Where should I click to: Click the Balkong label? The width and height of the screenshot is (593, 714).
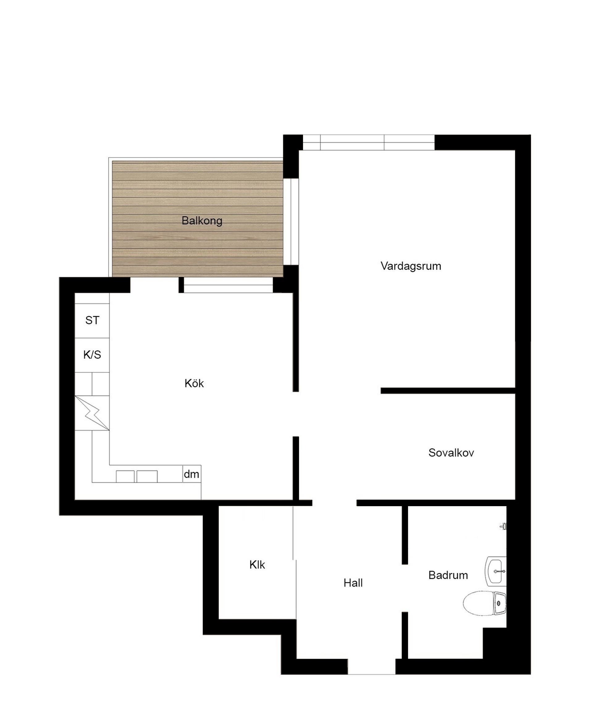[202, 221]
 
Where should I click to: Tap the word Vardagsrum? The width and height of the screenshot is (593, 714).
[411, 266]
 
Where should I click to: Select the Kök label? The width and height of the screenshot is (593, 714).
[194, 383]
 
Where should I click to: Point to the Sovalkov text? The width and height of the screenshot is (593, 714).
[451, 452]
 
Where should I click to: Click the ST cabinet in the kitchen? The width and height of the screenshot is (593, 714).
[92, 321]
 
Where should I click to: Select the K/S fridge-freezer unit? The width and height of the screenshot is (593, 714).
[92, 355]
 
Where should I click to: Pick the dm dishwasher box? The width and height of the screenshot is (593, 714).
[192, 474]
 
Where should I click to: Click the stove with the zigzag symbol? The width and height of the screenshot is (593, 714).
[92, 413]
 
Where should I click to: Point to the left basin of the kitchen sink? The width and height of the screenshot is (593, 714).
[125, 476]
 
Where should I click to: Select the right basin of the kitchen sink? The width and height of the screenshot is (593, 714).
[147, 476]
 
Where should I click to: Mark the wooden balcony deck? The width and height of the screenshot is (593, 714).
[198, 219]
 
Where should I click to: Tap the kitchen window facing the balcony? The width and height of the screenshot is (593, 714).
[228, 285]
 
